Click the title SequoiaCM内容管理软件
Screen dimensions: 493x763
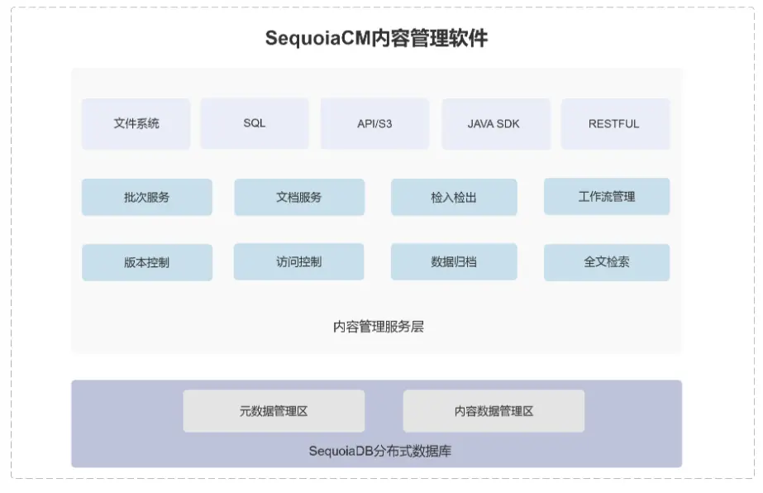point(376,39)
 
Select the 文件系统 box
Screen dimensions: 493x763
point(136,124)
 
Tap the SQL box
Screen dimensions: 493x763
point(255,123)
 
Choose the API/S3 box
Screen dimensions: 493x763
point(374,124)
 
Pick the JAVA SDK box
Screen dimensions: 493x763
point(494,124)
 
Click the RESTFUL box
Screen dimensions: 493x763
point(614,124)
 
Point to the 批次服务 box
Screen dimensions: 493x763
point(147,197)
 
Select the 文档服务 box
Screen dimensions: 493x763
point(299,197)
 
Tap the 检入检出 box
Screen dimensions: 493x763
point(454,197)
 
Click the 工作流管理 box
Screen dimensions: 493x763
point(607,196)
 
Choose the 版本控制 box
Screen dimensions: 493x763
point(147,262)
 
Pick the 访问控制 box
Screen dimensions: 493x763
point(299,261)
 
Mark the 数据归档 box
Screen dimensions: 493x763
point(454,261)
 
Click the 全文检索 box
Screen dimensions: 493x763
point(607,261)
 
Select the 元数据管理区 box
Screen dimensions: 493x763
point(274,411)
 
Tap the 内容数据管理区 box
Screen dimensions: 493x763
point(494,411)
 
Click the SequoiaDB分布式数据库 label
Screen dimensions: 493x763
point(379,452)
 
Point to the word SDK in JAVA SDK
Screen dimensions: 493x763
point(508,124)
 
